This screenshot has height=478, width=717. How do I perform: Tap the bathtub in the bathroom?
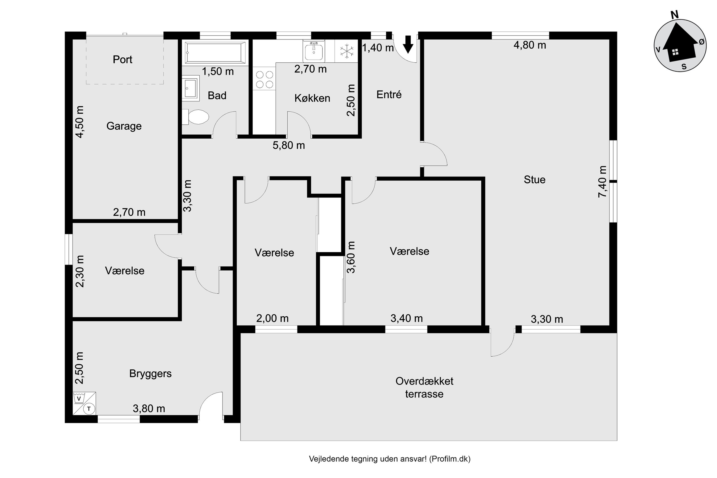click(x=215, y=53)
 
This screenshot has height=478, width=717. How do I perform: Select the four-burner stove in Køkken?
click(x=264, y=79)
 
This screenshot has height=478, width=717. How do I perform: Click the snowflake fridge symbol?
click(x=346, y=51)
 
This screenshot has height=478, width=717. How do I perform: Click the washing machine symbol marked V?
click(x=79, y=398)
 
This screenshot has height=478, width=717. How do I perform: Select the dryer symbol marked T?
click(x=89, y=408)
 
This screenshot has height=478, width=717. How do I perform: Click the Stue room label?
click(x=534, y=180)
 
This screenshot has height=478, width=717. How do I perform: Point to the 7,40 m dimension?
click(x=602, y=182)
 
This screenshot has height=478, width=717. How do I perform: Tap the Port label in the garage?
click(x=122, y=60)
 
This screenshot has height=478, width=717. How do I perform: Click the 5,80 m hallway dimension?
click(x=288, y=145)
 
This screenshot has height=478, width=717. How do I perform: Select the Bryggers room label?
click(x=150, y=374)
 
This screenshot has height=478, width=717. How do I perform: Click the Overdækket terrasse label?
click(x=424, y=387)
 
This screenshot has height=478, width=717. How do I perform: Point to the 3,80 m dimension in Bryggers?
click(x=149, y=408)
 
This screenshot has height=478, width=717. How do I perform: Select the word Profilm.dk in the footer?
click(x=450, y=459)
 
